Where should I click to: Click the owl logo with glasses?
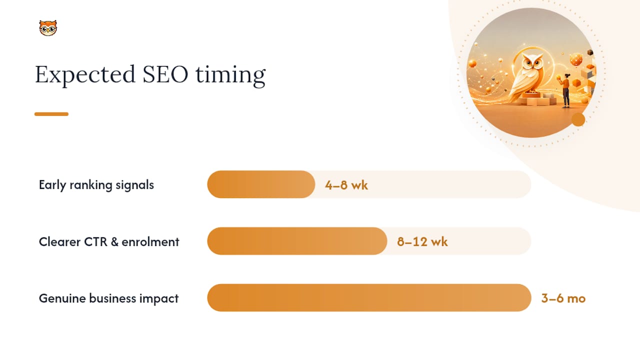48,28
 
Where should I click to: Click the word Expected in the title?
85,75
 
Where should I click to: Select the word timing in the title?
230,75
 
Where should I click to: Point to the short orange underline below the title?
51,114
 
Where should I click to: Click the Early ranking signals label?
96,185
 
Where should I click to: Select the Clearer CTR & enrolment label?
109,241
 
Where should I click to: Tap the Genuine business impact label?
108,298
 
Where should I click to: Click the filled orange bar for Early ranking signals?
261,184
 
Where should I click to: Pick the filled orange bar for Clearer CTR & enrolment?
297,241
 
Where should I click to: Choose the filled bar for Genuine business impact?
369,297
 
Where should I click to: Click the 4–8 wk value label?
346,185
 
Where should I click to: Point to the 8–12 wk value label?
422,241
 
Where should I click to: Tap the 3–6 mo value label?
563,298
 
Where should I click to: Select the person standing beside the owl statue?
565,90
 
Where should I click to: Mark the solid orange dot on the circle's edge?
578,119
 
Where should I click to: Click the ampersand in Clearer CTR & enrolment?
114,241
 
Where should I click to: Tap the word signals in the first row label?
135,185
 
